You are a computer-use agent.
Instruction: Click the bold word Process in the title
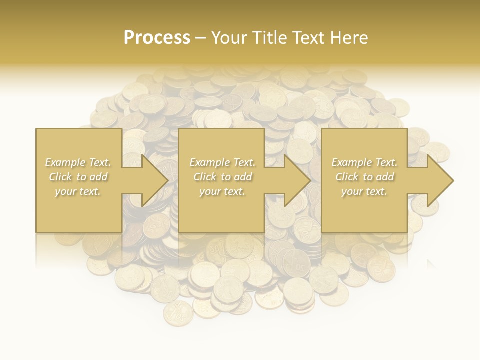tap(157, 37)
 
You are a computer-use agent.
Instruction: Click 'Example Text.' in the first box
tap(78, 162)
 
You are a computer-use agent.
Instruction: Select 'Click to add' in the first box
tap(78, 177)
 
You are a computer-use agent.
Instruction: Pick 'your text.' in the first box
tap(78, 191)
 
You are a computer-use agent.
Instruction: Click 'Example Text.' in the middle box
tap(222, 162)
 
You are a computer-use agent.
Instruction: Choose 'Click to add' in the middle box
tap(222, 177)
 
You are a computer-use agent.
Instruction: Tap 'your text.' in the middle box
tap(222, 191)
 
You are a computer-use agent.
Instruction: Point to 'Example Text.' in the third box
tap(364, 162)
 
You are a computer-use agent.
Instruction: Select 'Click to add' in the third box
tap(364, 177)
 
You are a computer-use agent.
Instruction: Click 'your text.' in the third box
tap(364, 191)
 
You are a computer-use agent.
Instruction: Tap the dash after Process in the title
tap(201, 38)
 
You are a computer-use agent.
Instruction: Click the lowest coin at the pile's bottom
tap(178, 313)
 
